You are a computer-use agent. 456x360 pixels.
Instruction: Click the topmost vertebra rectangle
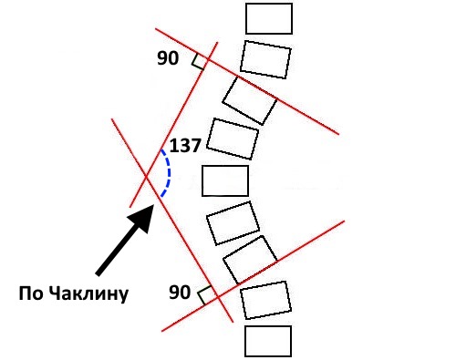[270, 18]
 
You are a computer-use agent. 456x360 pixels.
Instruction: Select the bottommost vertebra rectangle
[268, 341]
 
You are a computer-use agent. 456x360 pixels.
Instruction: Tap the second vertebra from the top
[265, 57]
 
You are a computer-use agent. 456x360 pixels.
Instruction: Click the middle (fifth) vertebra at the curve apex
[224, 180]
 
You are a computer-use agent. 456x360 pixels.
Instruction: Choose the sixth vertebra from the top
[233, 222]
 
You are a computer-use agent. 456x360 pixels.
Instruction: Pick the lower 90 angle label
[181, 293]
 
